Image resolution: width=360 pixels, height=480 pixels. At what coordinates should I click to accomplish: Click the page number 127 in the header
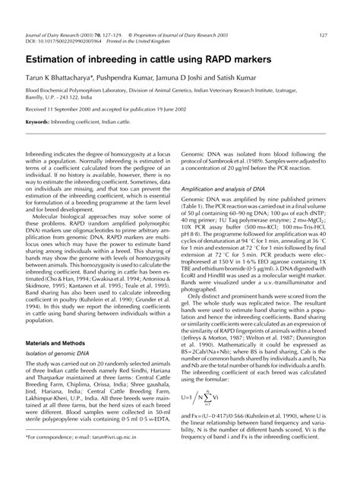[x=324, y=35]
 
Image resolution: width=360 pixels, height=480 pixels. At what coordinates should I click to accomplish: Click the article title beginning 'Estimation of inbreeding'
[x=148, y=58]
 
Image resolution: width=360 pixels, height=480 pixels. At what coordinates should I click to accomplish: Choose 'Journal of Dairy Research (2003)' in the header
[x=65, y=35]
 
